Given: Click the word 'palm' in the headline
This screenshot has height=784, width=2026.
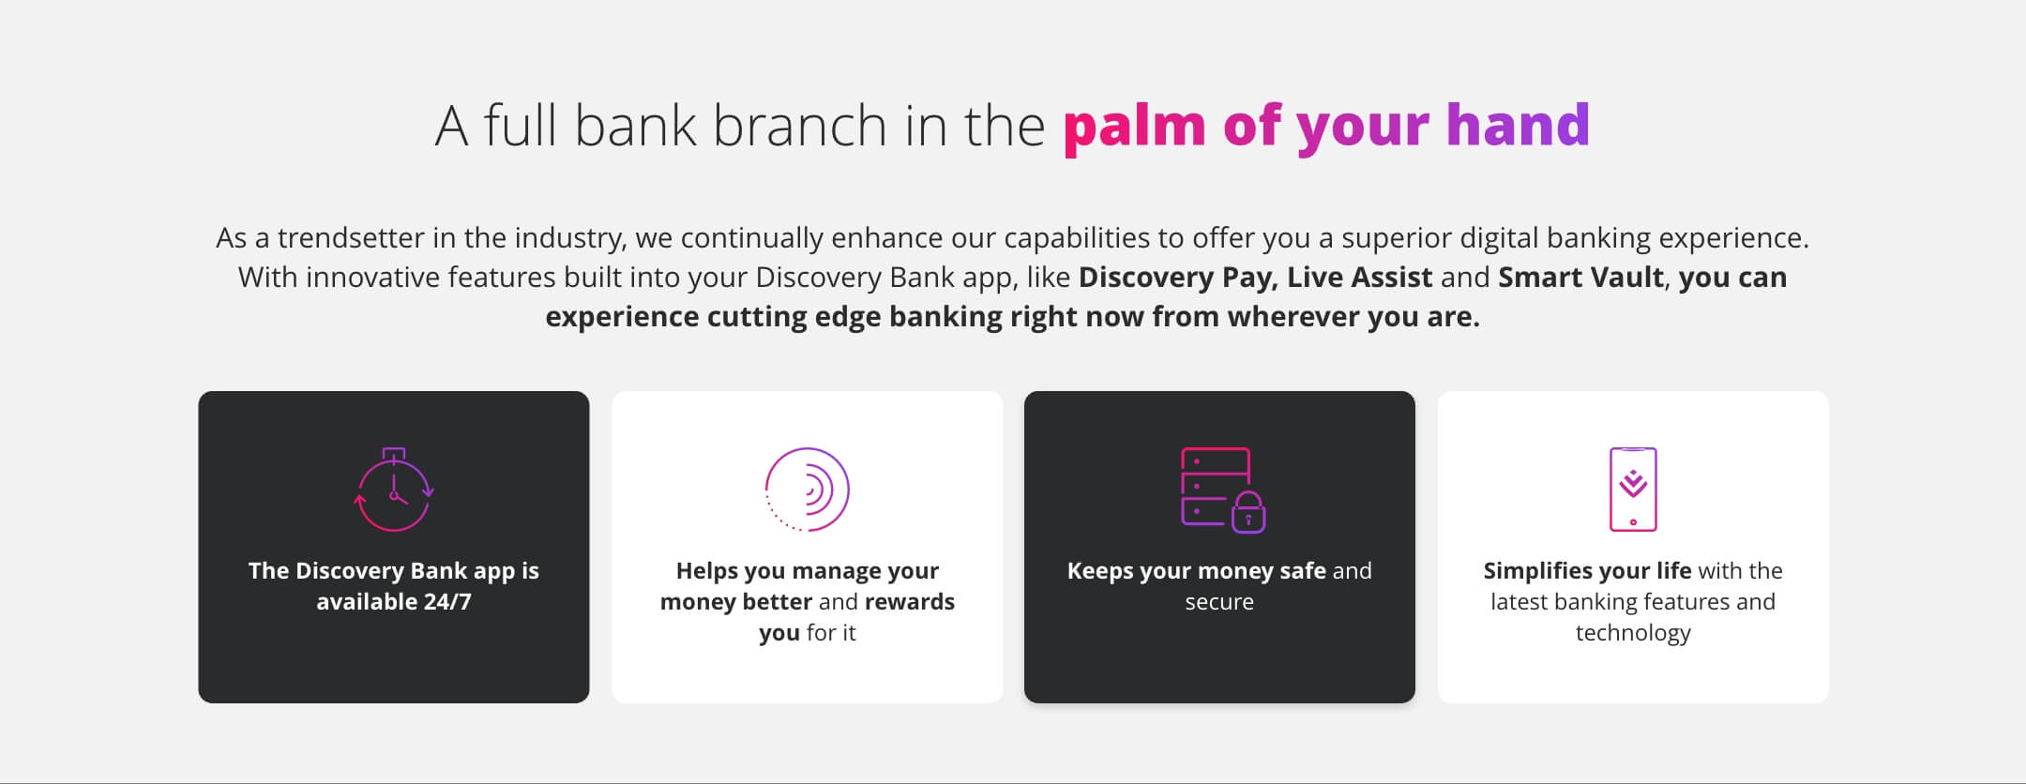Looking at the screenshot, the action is click(x=1134, y=126).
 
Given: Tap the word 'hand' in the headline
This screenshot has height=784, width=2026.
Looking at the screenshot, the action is click(x=1518, y=124).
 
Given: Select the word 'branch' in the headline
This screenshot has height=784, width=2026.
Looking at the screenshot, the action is click(x=799, y=125).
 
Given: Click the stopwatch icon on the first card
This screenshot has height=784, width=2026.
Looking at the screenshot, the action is click(x=394, y=490).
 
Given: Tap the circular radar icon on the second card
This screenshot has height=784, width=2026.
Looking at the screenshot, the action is click(x=807, y=490).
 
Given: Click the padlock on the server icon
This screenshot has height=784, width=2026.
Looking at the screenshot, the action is click(x=1248, y=513).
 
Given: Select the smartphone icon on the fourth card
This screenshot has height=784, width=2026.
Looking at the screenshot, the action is click(x=1633, y=490).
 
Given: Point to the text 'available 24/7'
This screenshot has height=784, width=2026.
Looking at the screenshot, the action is click(x=394, y=601).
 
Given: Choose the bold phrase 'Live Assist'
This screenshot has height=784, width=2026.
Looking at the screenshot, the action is click(x=1360, y=277).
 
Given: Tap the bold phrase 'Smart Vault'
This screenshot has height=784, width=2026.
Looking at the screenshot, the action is click(x=1580, y=277).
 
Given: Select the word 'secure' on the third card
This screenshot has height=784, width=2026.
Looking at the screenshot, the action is click(x=1219, y=601).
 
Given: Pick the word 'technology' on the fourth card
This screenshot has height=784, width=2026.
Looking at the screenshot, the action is click(x=1633, y=633).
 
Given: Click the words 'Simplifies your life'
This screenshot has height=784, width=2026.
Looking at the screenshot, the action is click(x=1587, y=571).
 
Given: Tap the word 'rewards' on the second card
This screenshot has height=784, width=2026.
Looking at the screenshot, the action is click(x=909, y=601).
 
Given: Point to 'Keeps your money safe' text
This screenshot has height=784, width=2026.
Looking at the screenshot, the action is click(x=1197, y=571).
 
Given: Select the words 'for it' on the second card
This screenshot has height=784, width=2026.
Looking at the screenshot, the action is click(x=831, y=632).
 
